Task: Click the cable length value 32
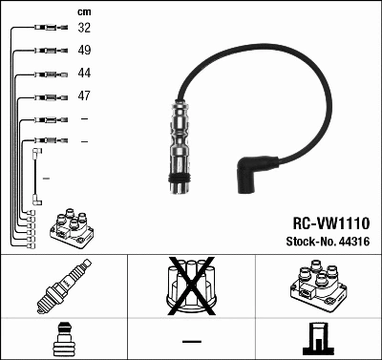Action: [84, 29]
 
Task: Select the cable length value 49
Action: [84, 51]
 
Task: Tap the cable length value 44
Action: [84, 74]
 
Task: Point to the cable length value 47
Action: [84, 96]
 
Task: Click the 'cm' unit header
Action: [83, 11]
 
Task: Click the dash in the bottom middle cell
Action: [191, 341]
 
